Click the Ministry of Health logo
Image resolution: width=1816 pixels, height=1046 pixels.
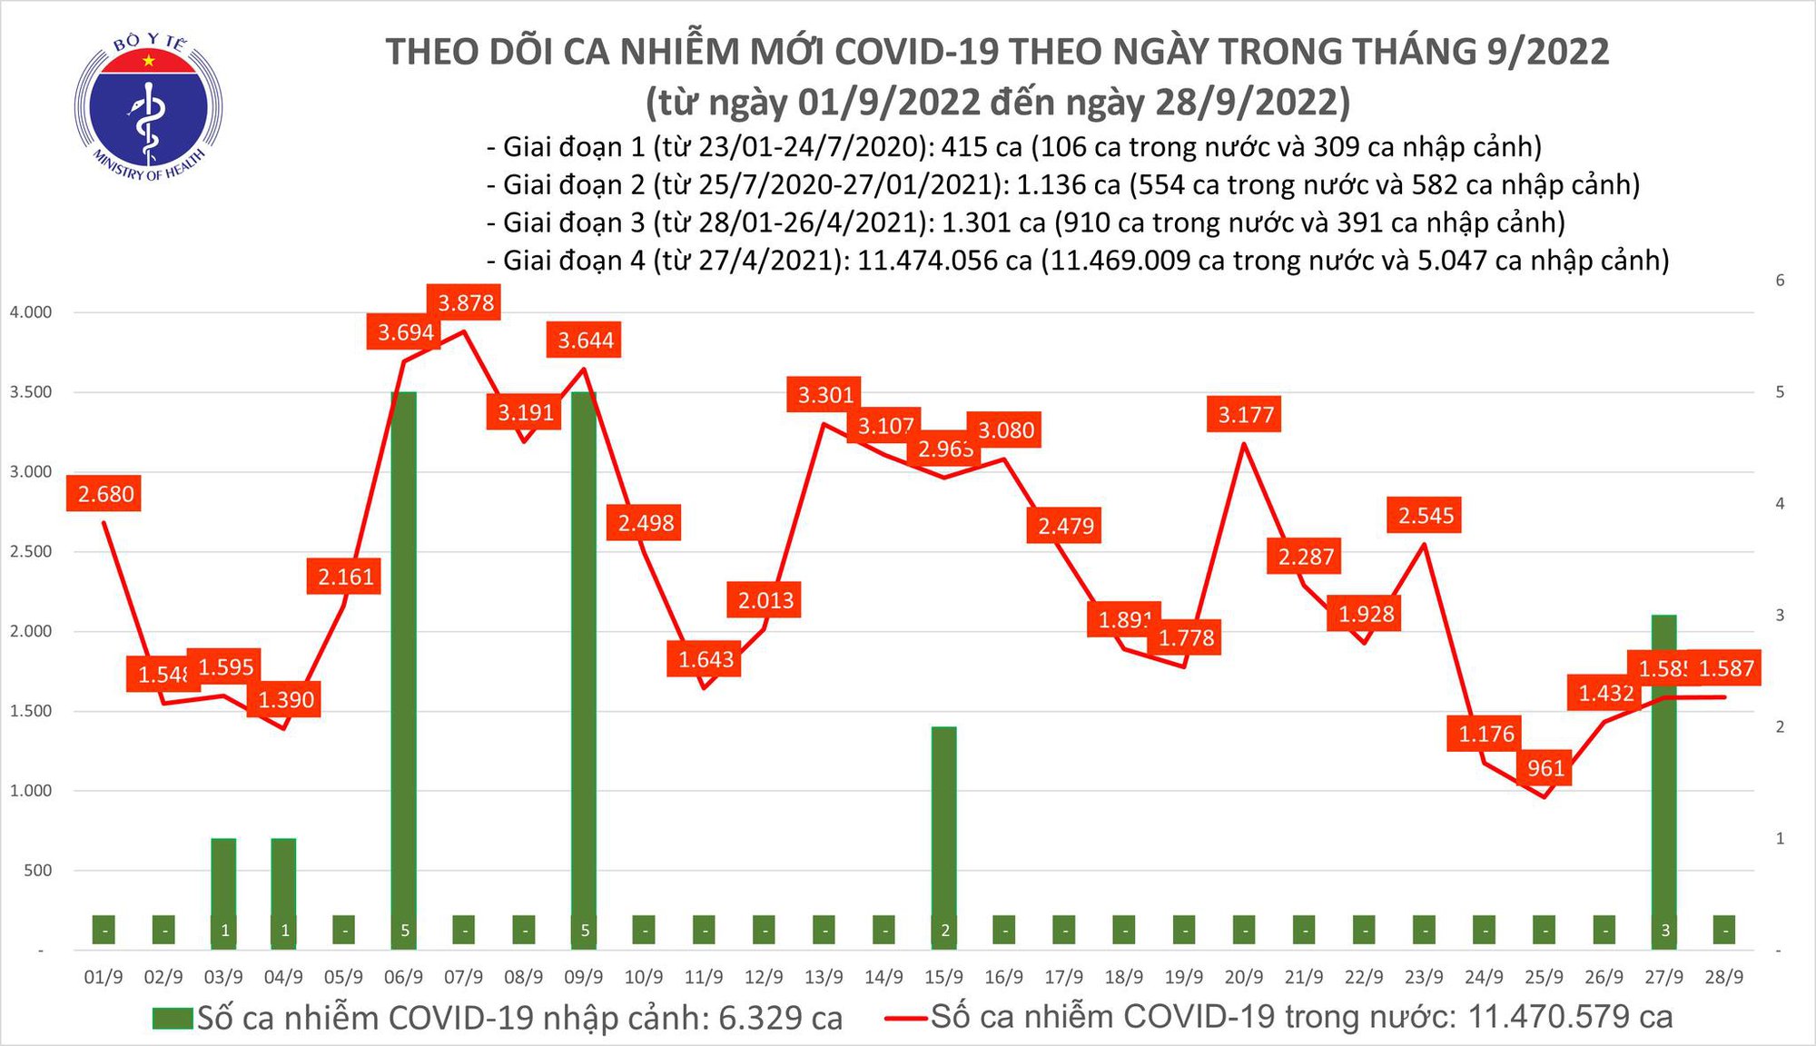[148, 107]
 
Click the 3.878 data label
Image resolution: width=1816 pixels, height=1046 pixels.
[466, 302]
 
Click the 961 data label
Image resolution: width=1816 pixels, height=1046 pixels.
[1545, 768]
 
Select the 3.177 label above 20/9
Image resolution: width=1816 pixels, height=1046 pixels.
[1246, 415]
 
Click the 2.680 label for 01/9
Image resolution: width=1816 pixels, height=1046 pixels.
[105, 494]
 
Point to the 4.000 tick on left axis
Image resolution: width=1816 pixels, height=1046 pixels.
[31, 312]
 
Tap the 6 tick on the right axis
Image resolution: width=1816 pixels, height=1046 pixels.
[1780, 281]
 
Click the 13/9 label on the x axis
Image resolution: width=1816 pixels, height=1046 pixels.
[823, 977]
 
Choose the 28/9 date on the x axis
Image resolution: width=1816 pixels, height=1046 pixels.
[1723, 977]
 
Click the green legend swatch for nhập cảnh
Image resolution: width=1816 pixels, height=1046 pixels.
[173, 1019]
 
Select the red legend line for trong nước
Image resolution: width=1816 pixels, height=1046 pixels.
[906, 1018]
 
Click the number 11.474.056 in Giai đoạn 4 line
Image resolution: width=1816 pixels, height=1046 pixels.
[943, 261]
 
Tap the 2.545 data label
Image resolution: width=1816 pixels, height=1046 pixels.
[1426, 516]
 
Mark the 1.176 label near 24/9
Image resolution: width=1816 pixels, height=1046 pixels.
[1485, 734]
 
